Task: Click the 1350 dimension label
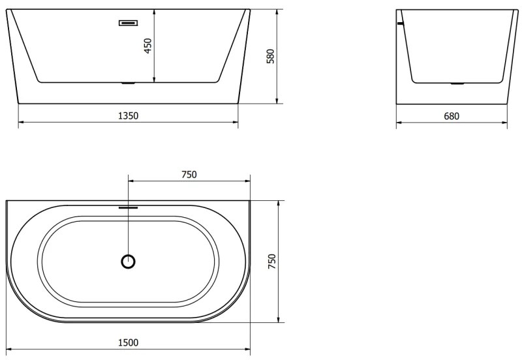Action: point(128,115)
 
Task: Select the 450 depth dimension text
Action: point(148,46)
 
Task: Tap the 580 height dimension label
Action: point(270,57)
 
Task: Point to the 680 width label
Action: point(452,116)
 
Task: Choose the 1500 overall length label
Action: point(128,342)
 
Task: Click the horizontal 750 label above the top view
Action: point(189,174)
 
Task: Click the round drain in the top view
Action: point(129,262)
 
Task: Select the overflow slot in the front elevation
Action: point(128,23)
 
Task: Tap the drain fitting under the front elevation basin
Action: point(128,83)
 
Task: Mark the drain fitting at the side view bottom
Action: point(458,83)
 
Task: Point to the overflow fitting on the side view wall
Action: point(400,24)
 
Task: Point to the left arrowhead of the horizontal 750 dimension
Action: point(130,181)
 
